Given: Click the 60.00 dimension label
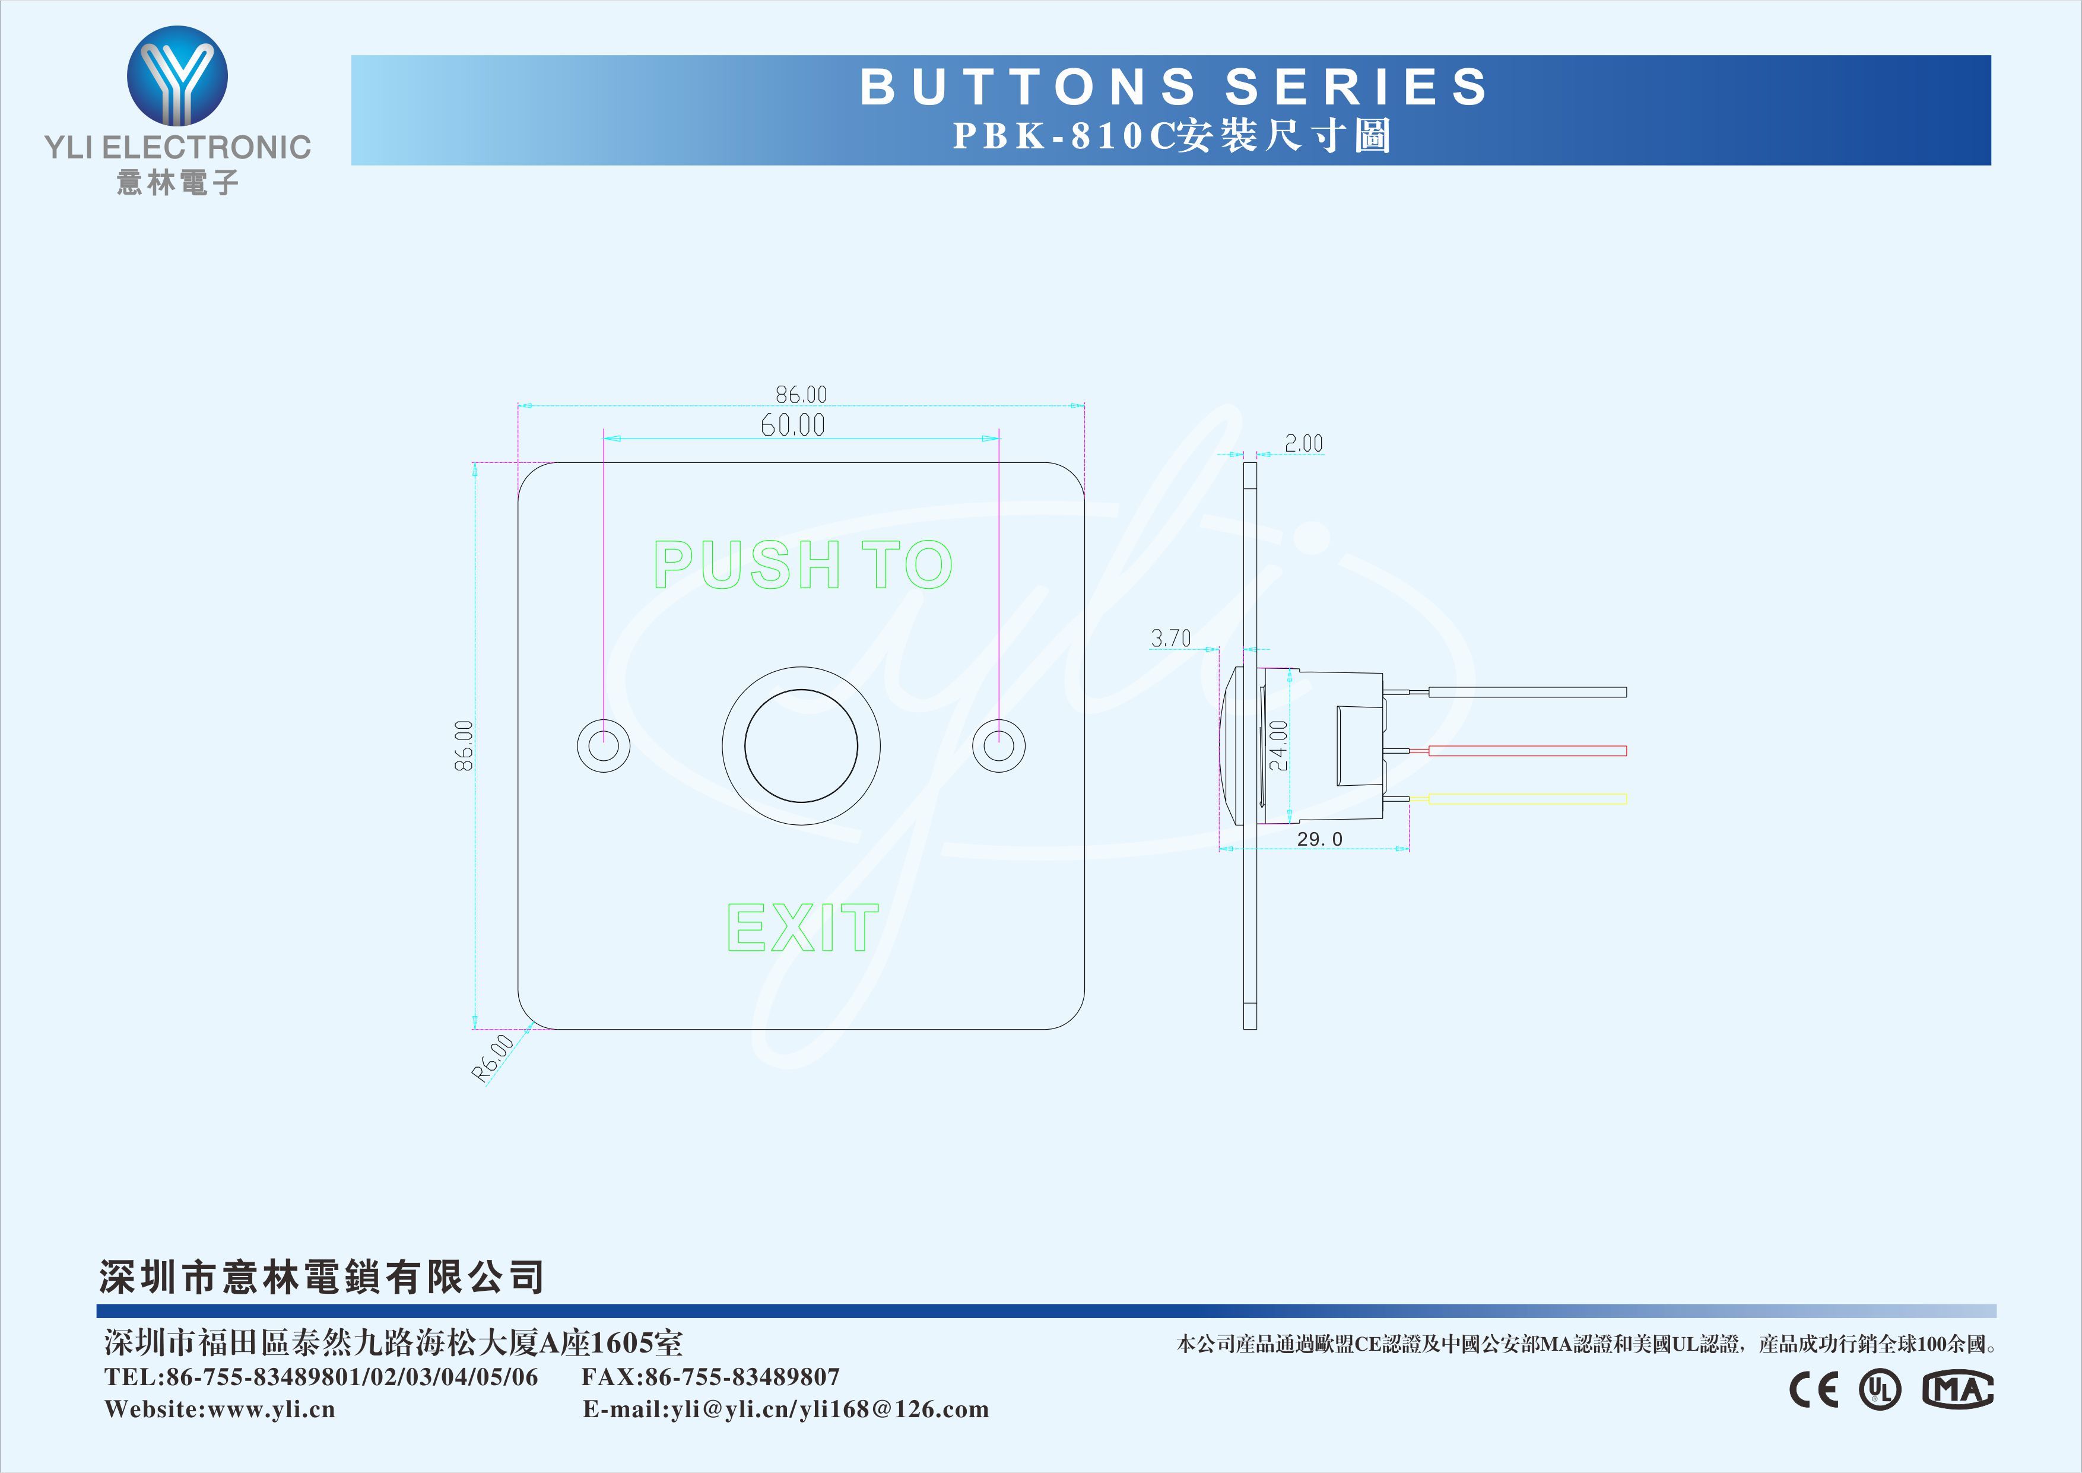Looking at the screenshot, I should point(792,424).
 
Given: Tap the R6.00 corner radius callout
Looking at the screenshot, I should point(493,1058).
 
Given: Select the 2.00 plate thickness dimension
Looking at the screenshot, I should point(1304,443).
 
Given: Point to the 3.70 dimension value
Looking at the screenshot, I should point(1170,639).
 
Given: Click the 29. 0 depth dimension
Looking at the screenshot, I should point(1319,839).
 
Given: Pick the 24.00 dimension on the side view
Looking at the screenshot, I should point(1278,745).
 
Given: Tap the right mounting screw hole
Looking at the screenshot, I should point(998,745).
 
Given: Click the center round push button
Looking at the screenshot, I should point(801,745).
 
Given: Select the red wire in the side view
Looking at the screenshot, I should point(1527,751).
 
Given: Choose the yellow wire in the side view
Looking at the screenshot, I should point(1527,799).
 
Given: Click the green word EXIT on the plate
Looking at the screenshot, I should point(802,927).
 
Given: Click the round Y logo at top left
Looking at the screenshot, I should point(177,76).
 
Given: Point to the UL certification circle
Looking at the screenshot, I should point(1880,1389).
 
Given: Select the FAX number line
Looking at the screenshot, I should point(710,1377).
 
